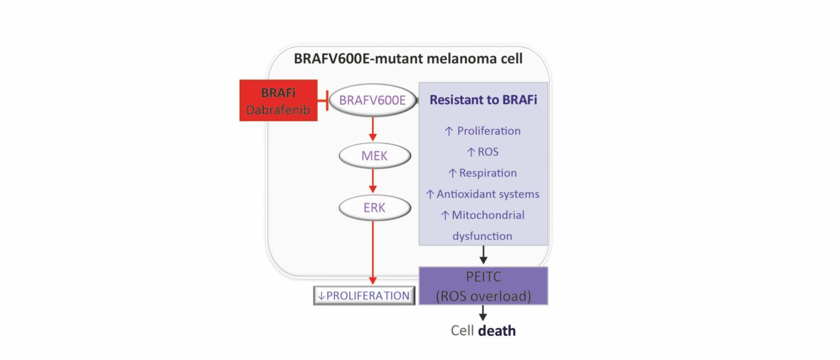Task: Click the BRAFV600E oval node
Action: [372, 101]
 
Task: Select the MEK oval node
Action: [374, 155]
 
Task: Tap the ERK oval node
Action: [374, 208]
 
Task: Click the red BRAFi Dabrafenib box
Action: [277, 101]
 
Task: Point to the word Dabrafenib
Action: [277, 110]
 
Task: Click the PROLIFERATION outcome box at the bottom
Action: [364, 296]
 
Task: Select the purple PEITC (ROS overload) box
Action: [483, 286]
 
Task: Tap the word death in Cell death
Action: [497, 331]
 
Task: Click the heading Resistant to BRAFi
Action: [483, 100]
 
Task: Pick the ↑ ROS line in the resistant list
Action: [483, 152]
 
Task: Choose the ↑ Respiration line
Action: [483, 173]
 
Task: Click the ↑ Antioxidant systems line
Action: [483, 194]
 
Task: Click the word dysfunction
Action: [482, 236]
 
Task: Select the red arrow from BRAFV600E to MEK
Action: [372, 128]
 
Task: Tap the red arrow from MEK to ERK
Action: [372, 181]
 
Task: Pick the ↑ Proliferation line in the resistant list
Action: [483, 131]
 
